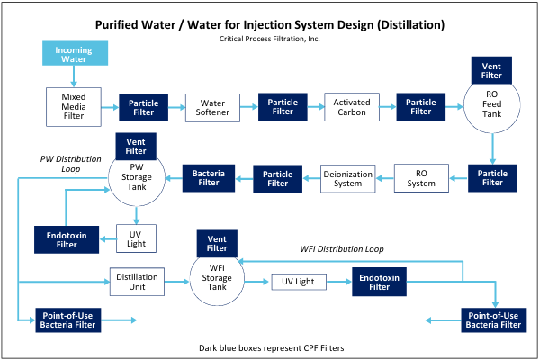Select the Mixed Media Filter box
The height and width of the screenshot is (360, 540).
click(74, 106)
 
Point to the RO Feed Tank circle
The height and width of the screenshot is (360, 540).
click(491, 107)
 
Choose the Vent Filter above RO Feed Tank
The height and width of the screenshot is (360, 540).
click(491, 69)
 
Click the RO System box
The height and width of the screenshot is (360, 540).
click(421, 177)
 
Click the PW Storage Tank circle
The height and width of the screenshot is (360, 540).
click(135, 176)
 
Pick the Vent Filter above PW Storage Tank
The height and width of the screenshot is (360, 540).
click(135, 144)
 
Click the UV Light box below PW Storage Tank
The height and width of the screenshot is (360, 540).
click(135, 238)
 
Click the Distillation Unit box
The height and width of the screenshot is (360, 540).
click(137, 282)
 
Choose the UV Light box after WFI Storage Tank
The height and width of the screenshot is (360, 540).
click(298, 282)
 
